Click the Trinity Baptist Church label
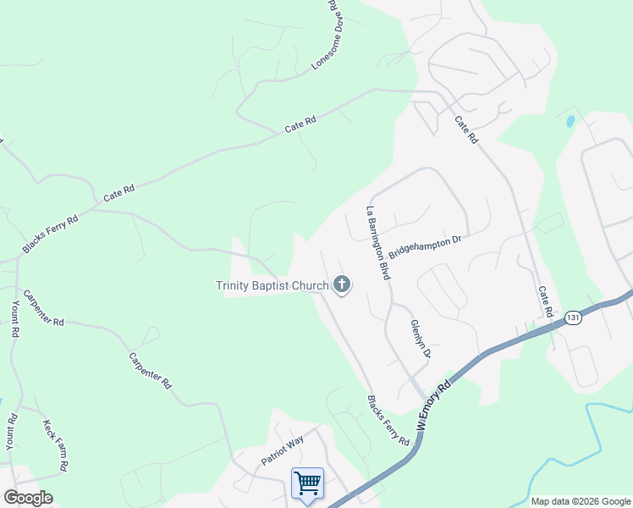click(272, 285)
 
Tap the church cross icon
click(342, 284)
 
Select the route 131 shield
click(575, 317)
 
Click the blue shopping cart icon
click(307, 483)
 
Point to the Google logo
click(28, 498)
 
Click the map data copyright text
click(581, 501)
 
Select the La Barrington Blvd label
click(377, 243)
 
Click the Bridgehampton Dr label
click(425, 249)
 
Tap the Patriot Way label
click(282, 450)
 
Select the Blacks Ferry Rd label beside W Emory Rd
click(388, 421)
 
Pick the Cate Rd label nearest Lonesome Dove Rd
click(300, 124)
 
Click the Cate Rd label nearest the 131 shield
click(545, 301)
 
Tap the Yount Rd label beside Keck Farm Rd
click(10, 431)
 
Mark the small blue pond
click(570, 120)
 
